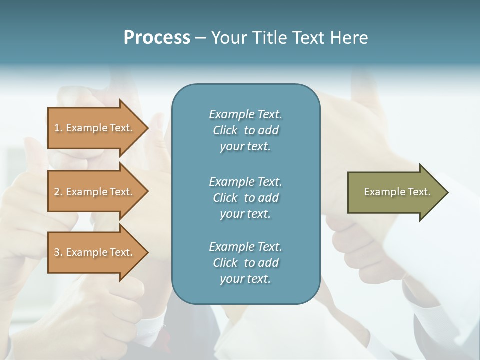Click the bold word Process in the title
[157, 38]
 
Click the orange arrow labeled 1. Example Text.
[95, 128]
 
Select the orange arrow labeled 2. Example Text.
[95, 192]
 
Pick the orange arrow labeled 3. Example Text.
[95, 252]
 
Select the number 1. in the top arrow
[58, 128]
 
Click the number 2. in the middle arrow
[58, 192]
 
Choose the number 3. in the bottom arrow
[58, 252]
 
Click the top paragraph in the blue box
[245, 130]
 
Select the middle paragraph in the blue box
[245, 197]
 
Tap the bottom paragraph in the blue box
[245, 263]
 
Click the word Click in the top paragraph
[225, 130]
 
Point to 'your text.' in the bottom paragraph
[245, 279]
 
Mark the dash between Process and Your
[200, 38]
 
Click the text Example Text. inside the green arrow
[397, 192]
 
